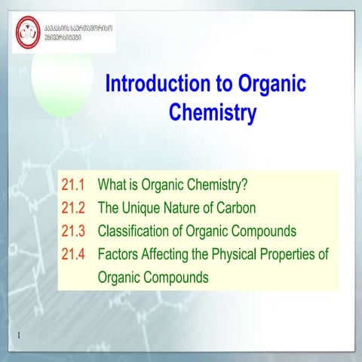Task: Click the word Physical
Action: tap(244, 253)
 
